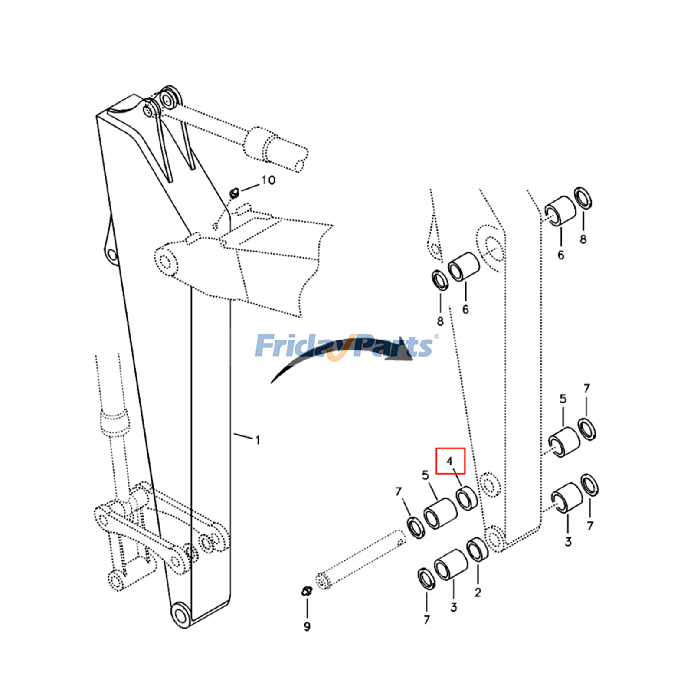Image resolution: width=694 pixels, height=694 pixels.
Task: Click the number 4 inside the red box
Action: pos(449,461)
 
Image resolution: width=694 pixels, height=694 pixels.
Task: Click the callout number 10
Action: pos(268,180)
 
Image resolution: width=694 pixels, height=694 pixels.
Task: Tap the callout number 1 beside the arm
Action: pos(258,440)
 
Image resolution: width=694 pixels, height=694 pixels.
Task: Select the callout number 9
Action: pos(307,626)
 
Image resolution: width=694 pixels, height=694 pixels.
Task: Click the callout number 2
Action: pos(478,592)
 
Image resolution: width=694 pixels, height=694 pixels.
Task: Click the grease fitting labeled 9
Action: pos(307,591)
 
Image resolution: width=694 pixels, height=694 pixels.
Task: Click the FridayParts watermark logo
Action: pos(345,346)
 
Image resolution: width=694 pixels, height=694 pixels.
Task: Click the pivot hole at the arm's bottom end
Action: pos(180,614)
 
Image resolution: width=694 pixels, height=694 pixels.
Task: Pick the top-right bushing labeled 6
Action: pos(560,211)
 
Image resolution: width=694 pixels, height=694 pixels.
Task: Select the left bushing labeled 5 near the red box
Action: pos(440,514)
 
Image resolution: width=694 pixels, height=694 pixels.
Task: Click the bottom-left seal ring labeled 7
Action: pos(426,579)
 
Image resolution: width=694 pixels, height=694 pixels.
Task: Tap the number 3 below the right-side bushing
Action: pos(568,541)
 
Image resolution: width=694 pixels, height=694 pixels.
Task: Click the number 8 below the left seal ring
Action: pos(440,321)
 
